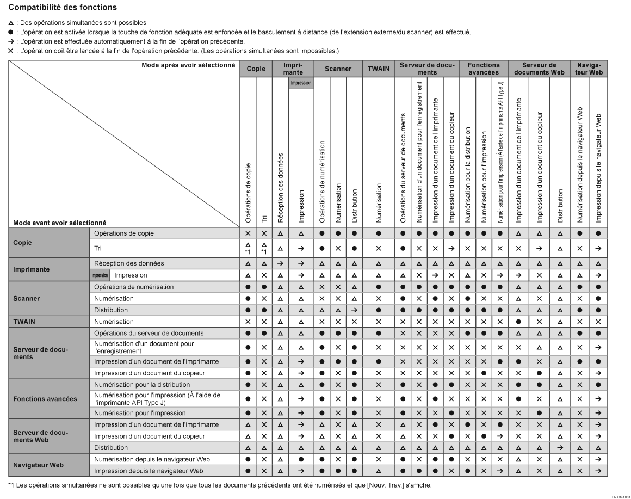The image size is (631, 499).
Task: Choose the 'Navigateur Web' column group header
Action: point(590,69)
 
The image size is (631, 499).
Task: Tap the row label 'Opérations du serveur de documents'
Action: point(149,332)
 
